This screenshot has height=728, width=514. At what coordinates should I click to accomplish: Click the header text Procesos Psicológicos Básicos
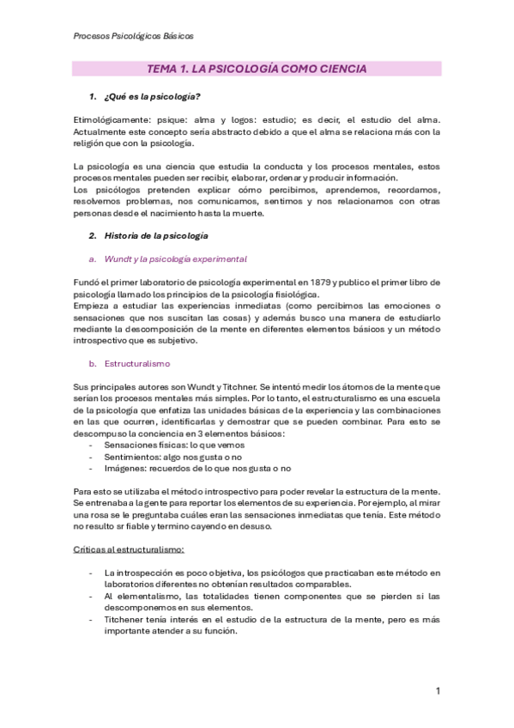(x=130, y=37)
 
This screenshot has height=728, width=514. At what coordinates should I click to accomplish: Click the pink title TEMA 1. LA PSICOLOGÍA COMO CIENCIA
(x=257, y=69)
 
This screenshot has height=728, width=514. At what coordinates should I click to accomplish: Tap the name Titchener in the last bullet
(x=128, y=619)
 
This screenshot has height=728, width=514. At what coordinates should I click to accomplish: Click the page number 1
(x=438, y=691)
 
